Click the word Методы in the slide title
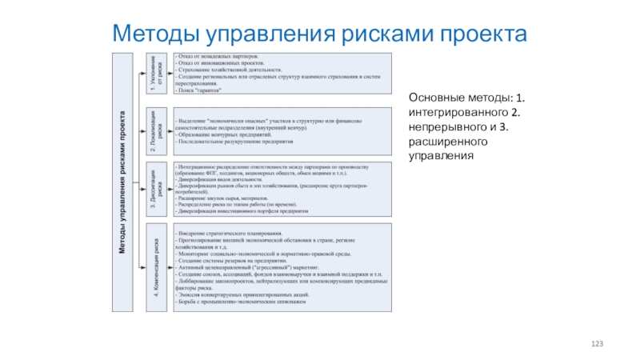[158, 34]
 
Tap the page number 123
[597, 343]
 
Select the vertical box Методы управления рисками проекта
[122, 182]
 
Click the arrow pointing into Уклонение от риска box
[142, 75]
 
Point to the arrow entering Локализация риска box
[142, 130]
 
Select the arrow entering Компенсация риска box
[142, 267]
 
